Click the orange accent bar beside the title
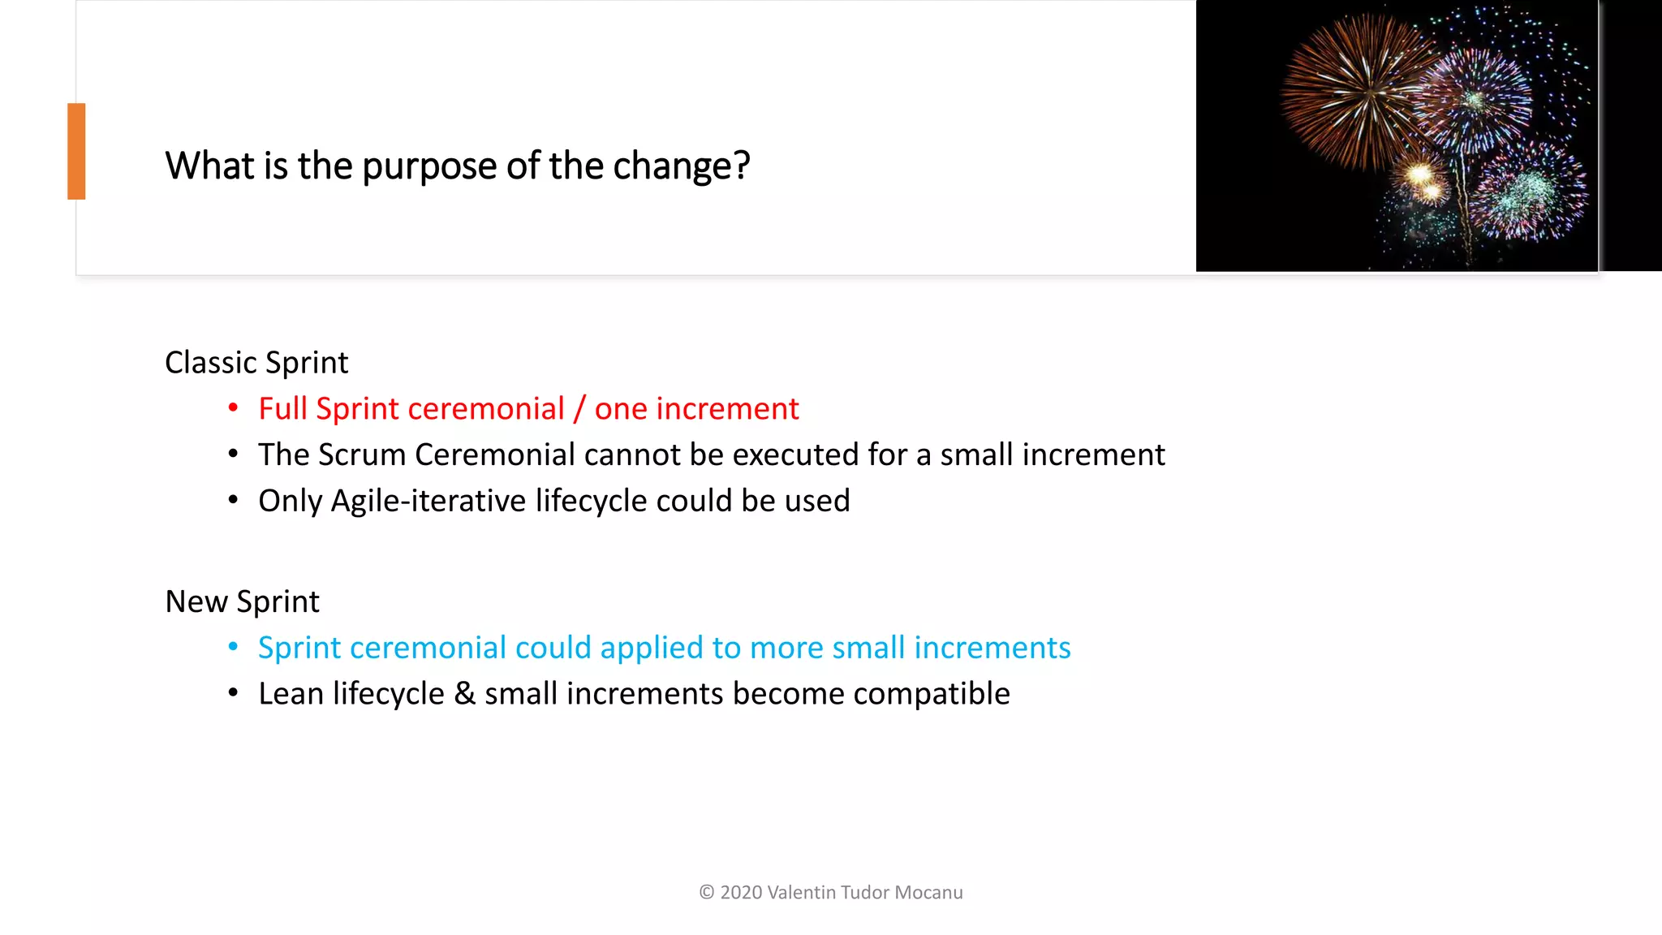76,151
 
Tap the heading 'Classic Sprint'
256,362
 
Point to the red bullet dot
233,407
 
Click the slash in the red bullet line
579,409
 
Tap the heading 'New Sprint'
242,601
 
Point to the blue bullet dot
233,647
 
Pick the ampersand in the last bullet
464,694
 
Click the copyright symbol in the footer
706,892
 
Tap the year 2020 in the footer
741,892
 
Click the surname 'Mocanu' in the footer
928,892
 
